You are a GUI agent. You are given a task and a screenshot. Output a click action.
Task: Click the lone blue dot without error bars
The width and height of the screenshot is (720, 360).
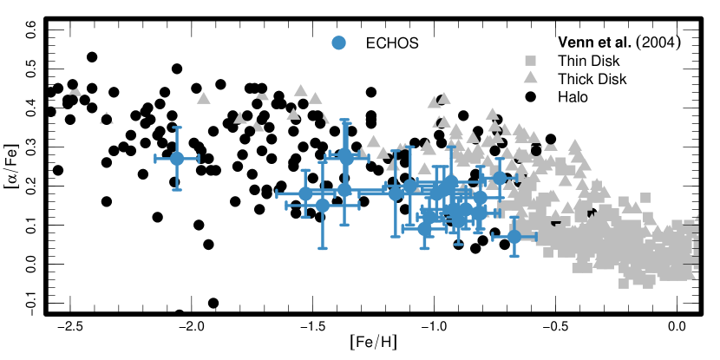click(338, 43)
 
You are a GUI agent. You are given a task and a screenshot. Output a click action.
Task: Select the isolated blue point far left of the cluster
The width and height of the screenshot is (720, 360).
click(177, 159)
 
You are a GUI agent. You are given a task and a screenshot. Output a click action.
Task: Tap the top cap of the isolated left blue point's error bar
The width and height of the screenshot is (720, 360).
click(177, 128)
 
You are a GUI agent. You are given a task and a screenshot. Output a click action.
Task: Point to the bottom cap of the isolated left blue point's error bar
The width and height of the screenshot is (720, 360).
click(177, 189)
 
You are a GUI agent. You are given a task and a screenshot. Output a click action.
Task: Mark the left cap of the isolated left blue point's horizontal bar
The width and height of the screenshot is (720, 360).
click(156, 159)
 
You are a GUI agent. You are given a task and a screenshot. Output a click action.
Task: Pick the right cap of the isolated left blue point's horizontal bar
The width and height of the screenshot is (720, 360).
click(198, 159)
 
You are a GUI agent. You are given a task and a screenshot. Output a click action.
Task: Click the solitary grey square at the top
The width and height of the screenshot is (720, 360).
click(530, 61)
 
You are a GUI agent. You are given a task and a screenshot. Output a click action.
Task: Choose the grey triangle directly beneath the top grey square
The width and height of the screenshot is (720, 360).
click(530, 77)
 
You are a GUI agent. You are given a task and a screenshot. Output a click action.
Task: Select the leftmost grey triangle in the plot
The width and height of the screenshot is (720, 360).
click(75, 91)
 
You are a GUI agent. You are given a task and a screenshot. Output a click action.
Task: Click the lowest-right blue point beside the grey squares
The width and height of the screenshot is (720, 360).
click(514, 236)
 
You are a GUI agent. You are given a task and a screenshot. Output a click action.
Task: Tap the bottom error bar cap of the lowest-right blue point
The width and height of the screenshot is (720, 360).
click(514, 256)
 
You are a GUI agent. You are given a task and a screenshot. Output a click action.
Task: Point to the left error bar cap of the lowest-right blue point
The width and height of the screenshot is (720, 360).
click(494, 236)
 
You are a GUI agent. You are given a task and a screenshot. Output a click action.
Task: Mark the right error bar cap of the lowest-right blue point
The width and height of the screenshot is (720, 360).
click(535, 236)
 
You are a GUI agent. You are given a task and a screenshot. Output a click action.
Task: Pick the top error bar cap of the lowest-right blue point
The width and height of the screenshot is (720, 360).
click(514, 217)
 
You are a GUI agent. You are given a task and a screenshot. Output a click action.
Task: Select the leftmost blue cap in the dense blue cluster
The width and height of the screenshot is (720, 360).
click(278, 193)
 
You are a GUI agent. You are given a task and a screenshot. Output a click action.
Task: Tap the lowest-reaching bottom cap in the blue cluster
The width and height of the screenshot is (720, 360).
click(323, 248)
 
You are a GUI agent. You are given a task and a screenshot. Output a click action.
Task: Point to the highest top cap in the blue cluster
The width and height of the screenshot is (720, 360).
click(344, 121)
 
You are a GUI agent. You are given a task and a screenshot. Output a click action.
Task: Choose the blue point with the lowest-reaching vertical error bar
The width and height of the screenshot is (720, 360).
click(323, 206)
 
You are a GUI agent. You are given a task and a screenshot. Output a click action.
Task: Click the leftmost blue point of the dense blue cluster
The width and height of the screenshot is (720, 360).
click(305, 193)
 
